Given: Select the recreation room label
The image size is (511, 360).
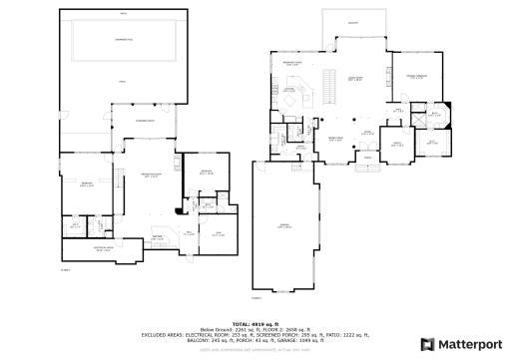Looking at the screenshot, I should coord(152,176).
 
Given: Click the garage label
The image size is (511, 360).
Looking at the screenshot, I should coord(284,226).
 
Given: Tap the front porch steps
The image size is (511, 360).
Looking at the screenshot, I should coord(366,157).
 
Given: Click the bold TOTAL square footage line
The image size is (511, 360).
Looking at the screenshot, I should coord(255,324).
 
